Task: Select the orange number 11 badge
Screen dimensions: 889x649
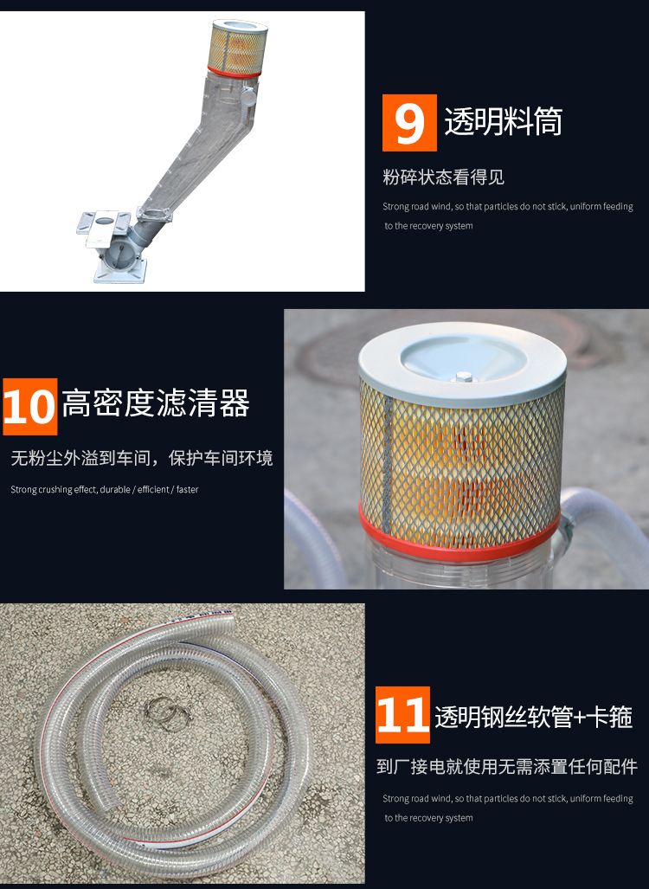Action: coord(402,715)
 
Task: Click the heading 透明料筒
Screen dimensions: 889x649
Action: coord(503,122)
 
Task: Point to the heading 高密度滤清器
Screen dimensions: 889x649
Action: coord(156,403)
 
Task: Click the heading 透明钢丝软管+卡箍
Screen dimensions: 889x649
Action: coord(533,717)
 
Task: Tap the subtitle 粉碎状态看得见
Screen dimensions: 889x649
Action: coord(443,177)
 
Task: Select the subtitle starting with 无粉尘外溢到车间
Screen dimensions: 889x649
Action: coord(141,458)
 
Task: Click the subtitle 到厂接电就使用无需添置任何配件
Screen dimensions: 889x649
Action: coord(507,766)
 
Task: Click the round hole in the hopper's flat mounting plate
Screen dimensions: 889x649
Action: coord(102,221)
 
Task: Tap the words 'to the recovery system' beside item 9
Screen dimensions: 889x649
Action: coord(429,226)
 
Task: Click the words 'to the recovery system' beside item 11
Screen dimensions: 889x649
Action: coord(429,818)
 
